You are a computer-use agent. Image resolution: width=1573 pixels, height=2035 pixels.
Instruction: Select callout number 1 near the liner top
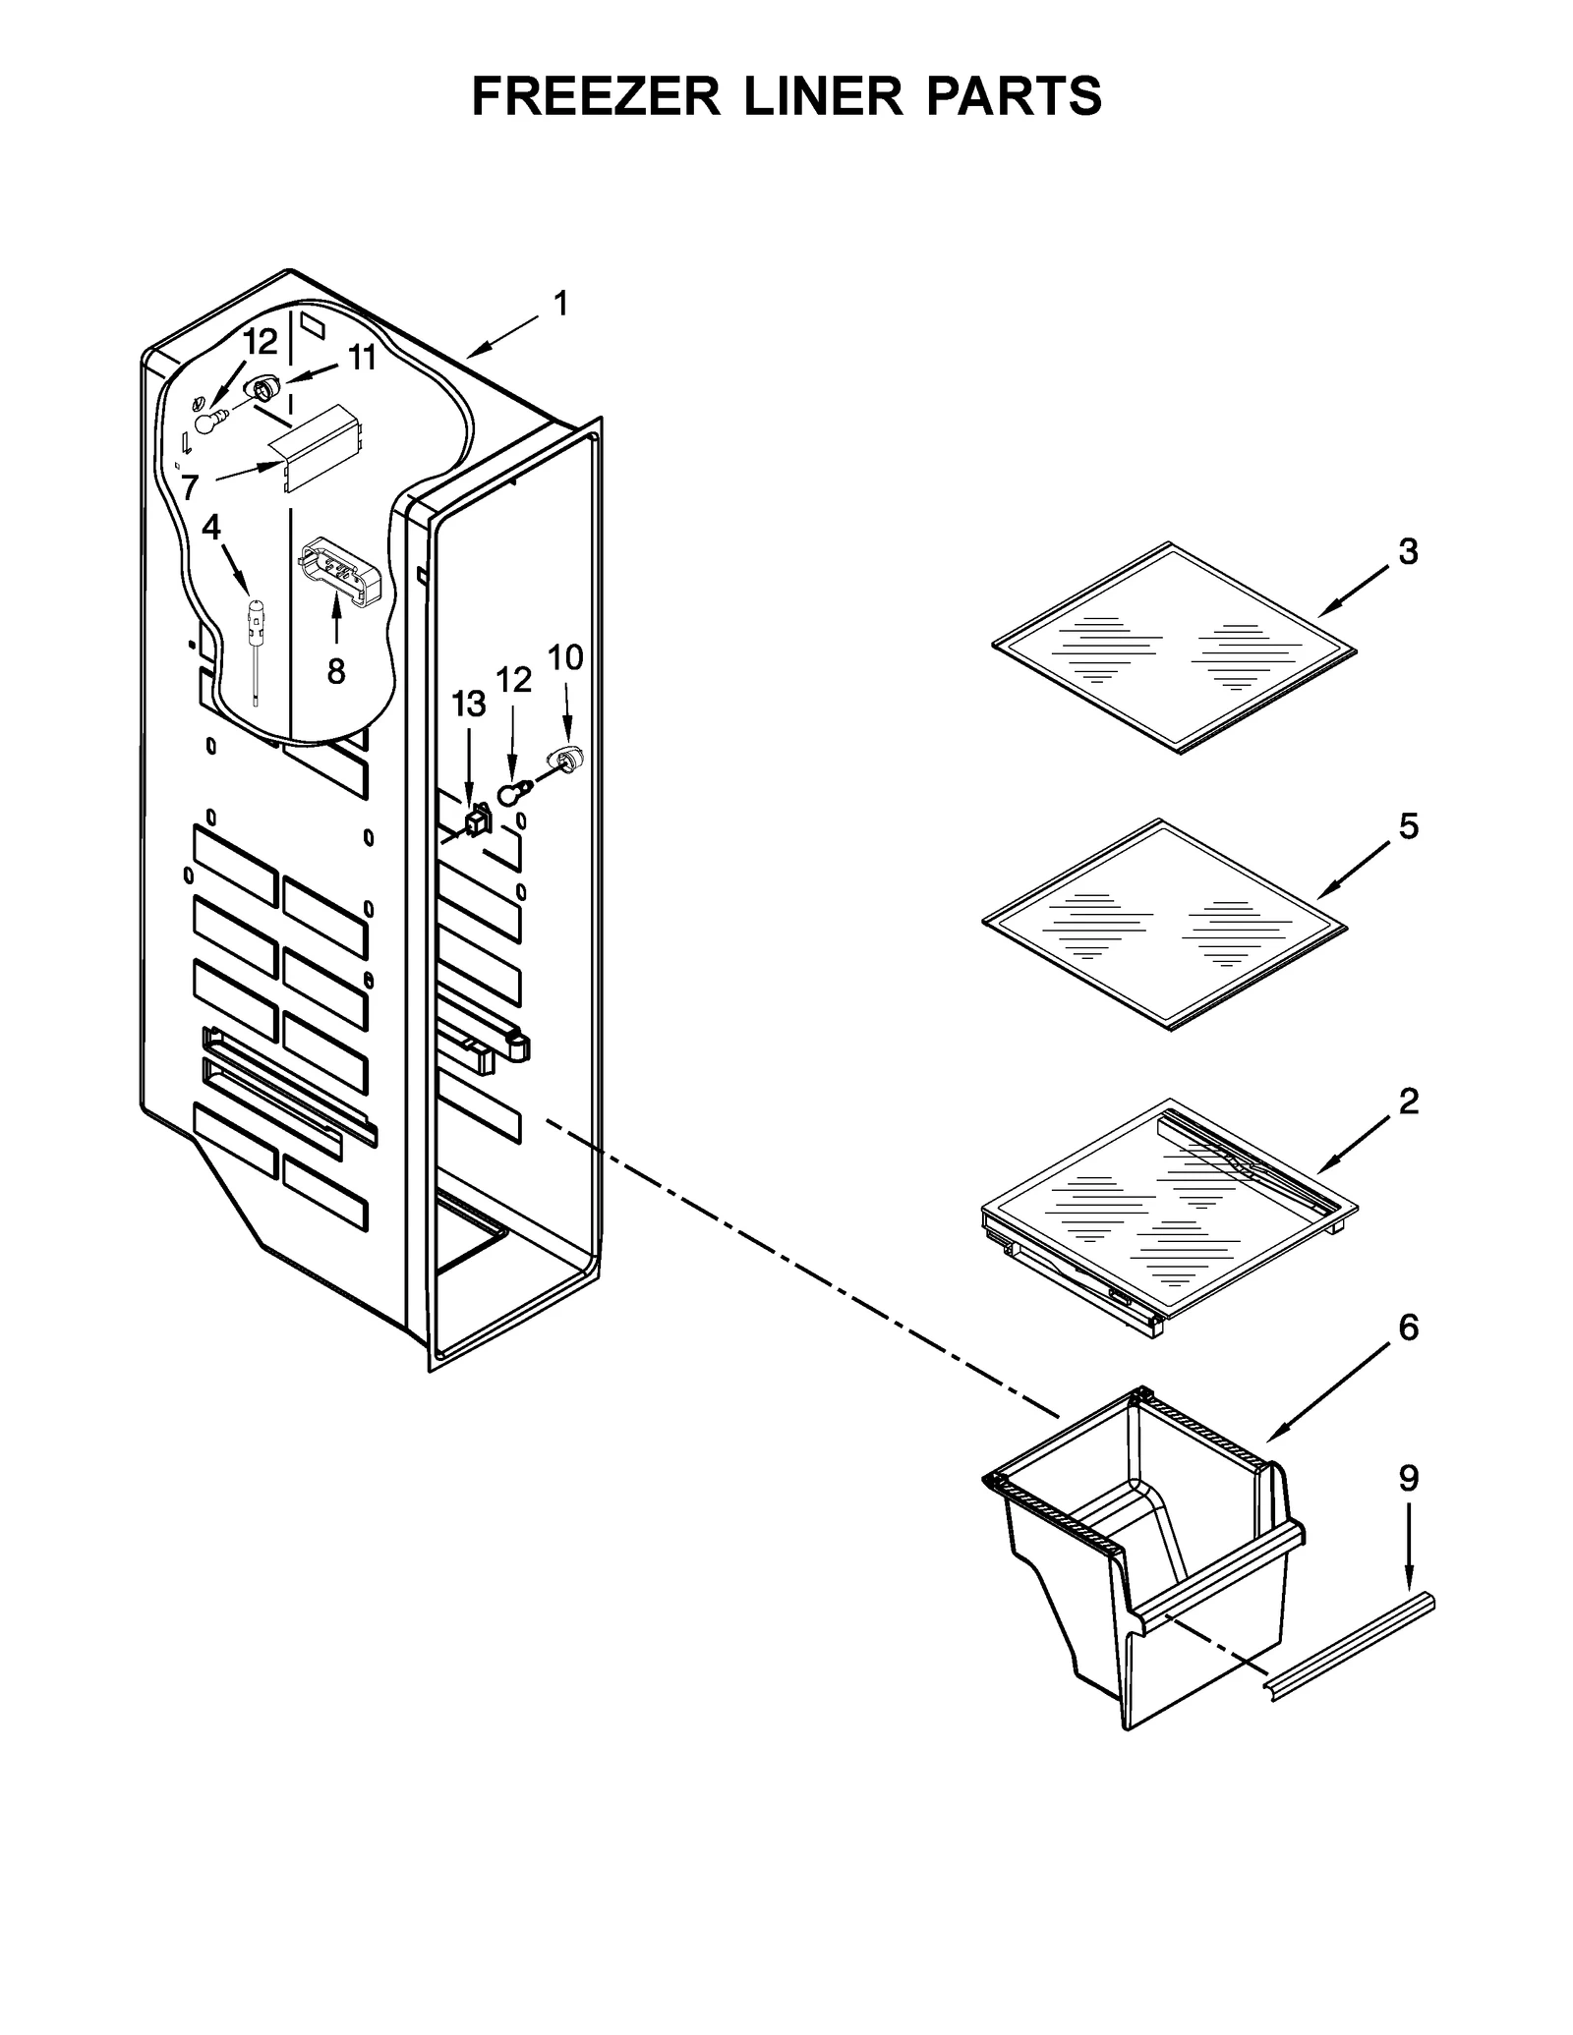[x=560, y=305]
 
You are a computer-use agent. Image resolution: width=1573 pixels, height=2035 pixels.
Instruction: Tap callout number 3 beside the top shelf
[x=1408, y=552]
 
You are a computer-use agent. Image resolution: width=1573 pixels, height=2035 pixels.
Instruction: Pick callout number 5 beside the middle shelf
[x=1408, y=826]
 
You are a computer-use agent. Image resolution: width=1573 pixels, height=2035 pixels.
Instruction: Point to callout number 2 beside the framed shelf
[x=1408, y=1102]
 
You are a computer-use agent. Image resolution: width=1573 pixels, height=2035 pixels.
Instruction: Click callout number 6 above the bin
[x=1408, y=1328]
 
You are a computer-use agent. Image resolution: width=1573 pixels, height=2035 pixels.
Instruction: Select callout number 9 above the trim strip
[x=1408, y=1505]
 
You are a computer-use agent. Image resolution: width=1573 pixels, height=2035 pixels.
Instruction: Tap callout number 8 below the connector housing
[x=336, y=671]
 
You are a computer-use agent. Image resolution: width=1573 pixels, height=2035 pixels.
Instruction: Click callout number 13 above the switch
[x=468, y=704]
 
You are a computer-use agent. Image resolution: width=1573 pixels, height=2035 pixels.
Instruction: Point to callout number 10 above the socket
[x=565, y=656]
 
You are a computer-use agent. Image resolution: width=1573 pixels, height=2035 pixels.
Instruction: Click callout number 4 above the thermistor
[x=211, y=528]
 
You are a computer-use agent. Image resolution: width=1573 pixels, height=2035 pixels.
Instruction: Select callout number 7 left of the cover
[x=190, y=485]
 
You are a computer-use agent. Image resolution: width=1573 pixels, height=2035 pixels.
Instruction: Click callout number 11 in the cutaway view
[x=362, y=358]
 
